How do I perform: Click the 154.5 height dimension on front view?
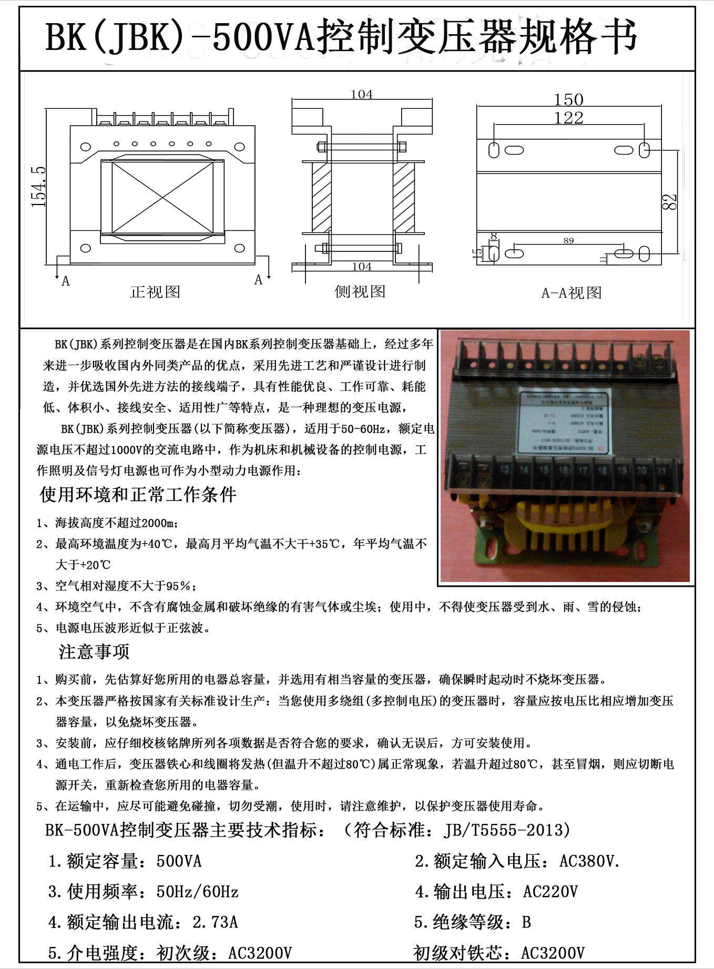[x=39, y=187]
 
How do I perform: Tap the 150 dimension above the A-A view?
[x=568, y=99]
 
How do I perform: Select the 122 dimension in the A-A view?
[x=568, y=118]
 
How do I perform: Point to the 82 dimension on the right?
[x=669, y=202]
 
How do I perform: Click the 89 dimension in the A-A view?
[x=568, y=240]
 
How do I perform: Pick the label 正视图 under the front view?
[x=155, y=292]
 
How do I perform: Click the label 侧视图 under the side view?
[x=360, y=291]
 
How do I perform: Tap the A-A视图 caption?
[x=572, y=293]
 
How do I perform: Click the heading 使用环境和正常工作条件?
[x=138, y=494]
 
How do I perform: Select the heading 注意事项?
[x=94, y=652]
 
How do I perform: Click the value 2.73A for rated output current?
[x=216, y=922]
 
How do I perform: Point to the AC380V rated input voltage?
[x=589, y=861]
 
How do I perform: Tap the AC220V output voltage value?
[x=550, y=892]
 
